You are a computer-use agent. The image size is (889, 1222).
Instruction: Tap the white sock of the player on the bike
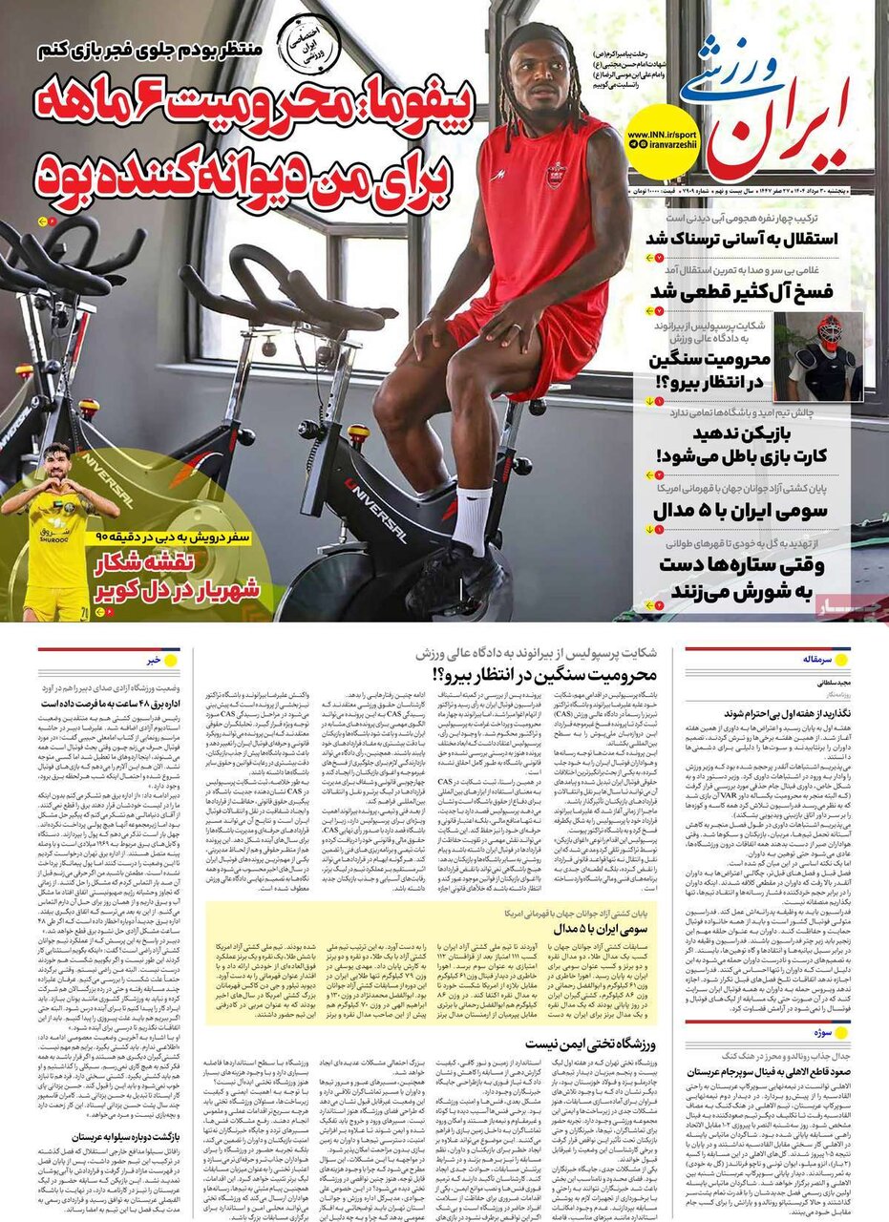pos(472,520)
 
